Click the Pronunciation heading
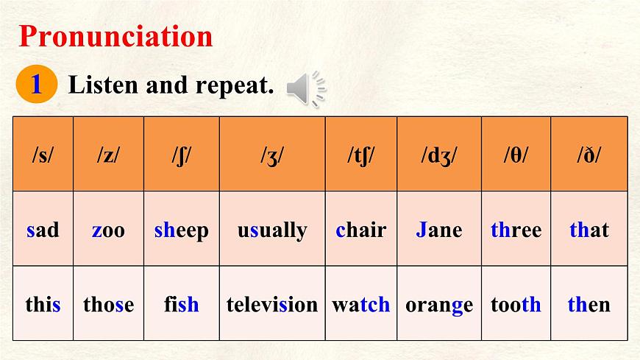pyautogui.click(x=115, y=36)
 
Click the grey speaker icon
pyautogui.click(x=306, y=89)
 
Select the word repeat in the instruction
pyautogui.click(x=235, y=86)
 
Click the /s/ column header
pyautogui.click(x=43, y=155)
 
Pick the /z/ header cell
pyautogui.click(x=108, y=155)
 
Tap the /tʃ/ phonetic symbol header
pyautogui.click(x=360, y=155)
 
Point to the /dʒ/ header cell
pyautogui.click(x=439, y=155)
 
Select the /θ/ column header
pyautogui.click(x=516, y=155)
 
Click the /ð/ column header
pyautogui.click(x=589, y=155)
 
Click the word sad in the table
pyautogui.click(x=43, y=230)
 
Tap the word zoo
pyautogui.click(x=108, y=230)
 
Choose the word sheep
pyautogui.click(x=182, y=230)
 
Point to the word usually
pyautogui.click(x=272, y=230)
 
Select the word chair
pyautogui.click(x=360, y=230)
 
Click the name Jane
pyautogui.click(x=439, y=230)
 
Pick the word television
pyautogui.click(x=272, y=304)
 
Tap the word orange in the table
pyautogui.click(x=439, y=304)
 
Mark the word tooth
pyautogui.click(x=516, y=304)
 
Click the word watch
pyautogui.click(x=360, y=304)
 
